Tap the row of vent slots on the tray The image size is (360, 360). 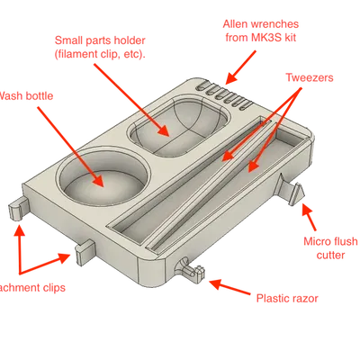[226, 92]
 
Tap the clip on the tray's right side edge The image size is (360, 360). [295, 191]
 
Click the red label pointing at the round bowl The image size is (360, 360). [28, 93]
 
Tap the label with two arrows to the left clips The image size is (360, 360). [32, 287]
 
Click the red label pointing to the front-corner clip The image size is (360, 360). [286, 297]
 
